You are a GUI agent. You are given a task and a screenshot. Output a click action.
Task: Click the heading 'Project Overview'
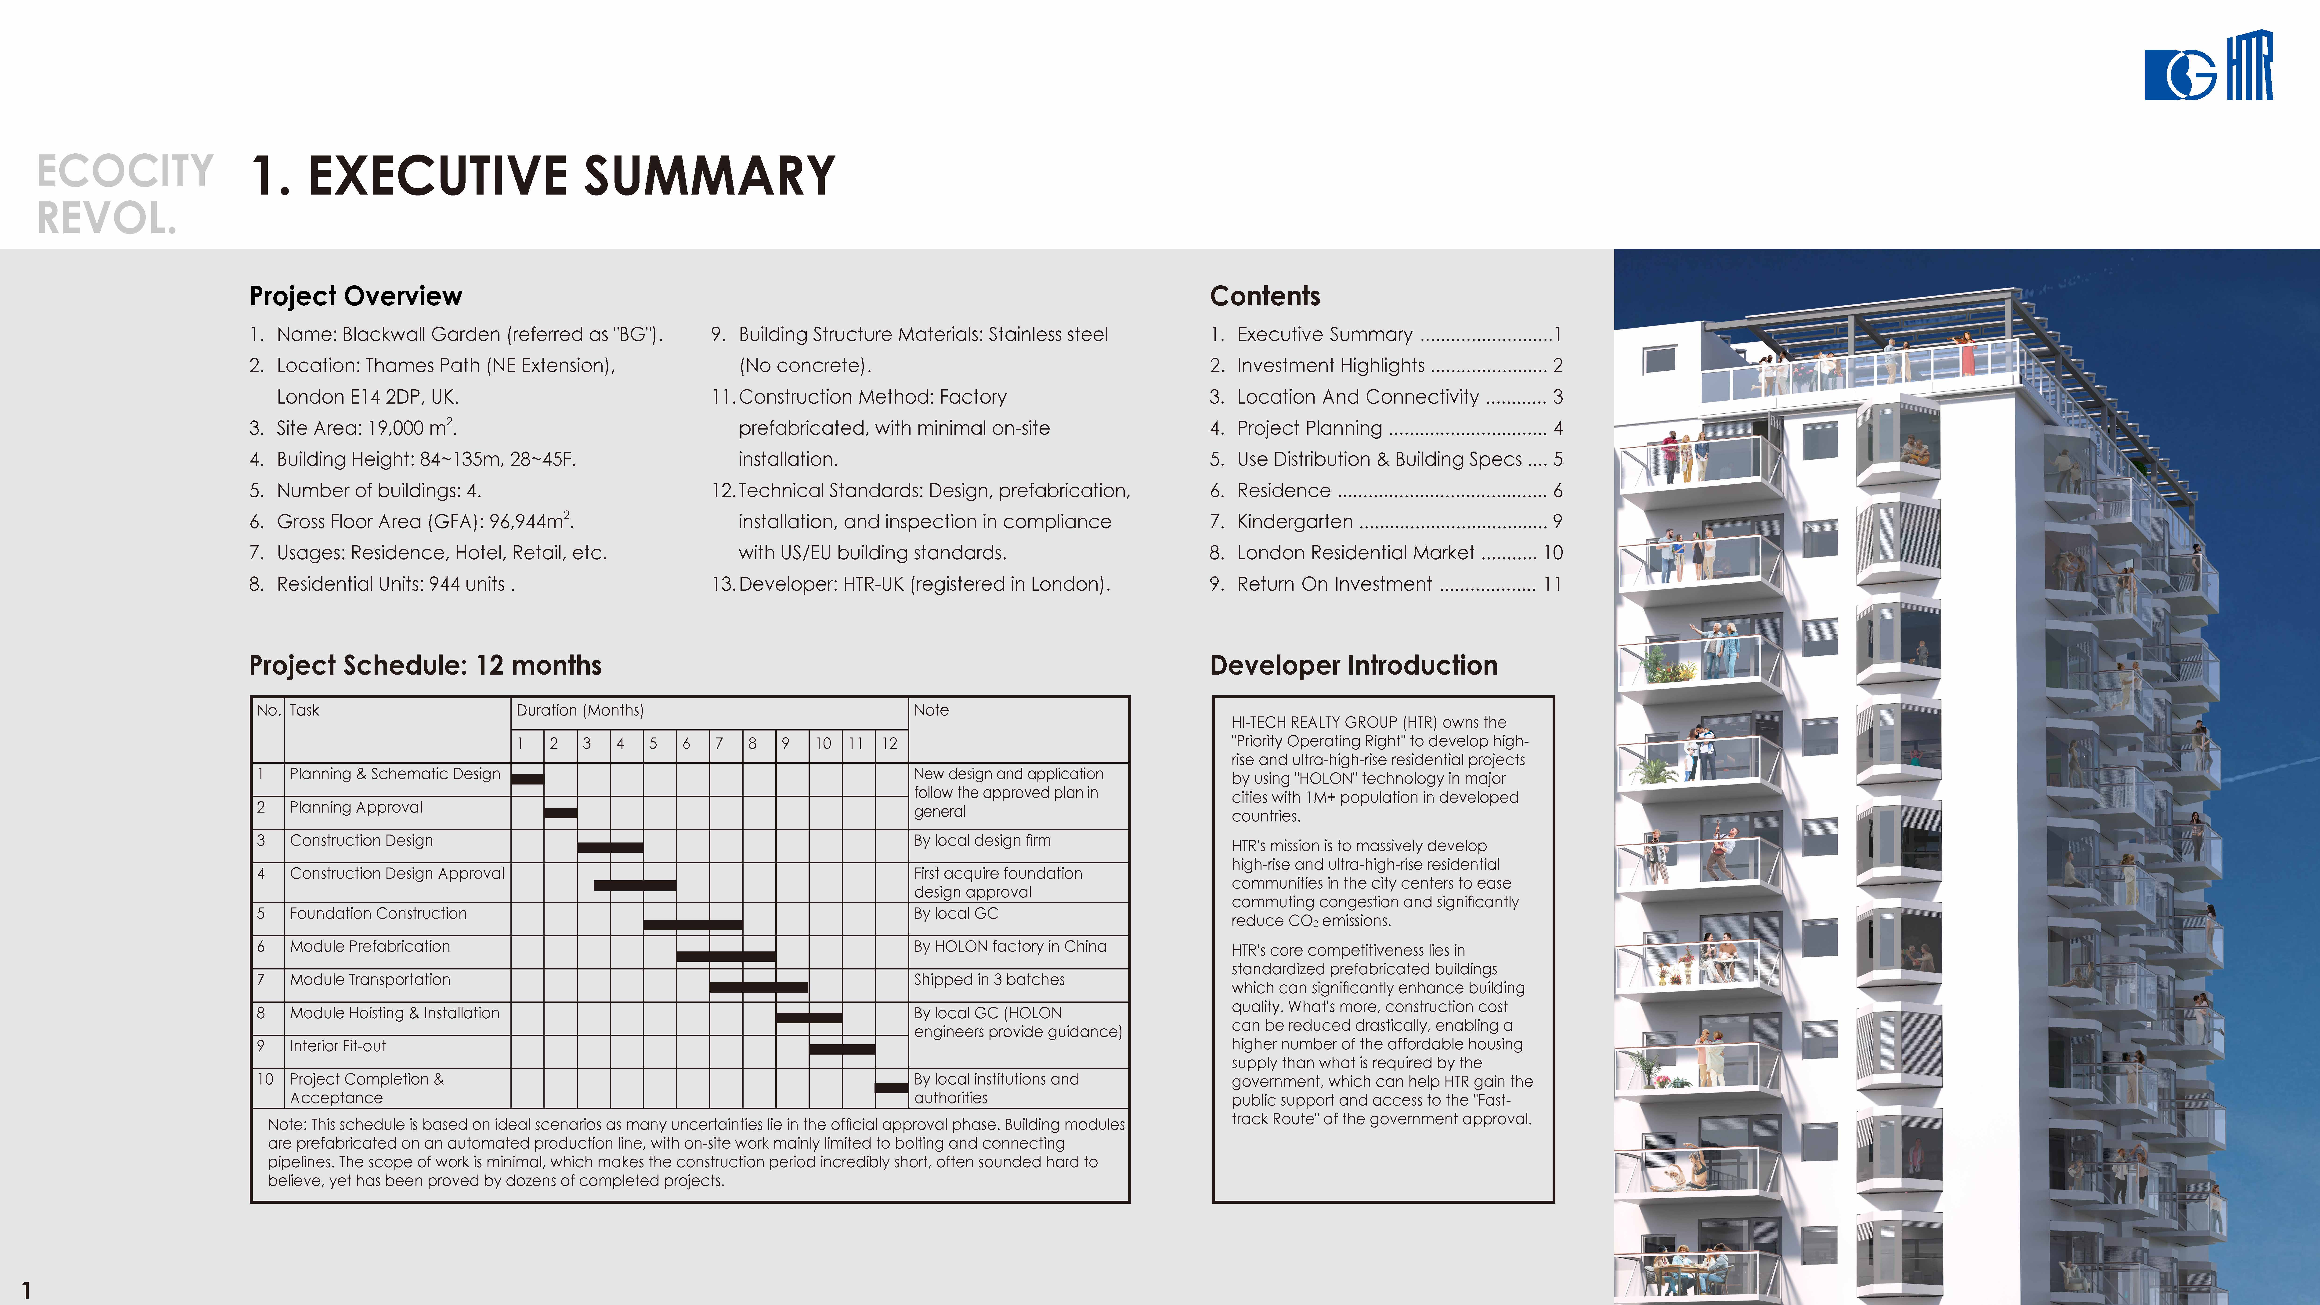(356, 296)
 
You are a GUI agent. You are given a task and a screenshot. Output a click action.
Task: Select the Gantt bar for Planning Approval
(560, 812)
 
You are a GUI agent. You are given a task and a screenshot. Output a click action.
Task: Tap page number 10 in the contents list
(1553, 553)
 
